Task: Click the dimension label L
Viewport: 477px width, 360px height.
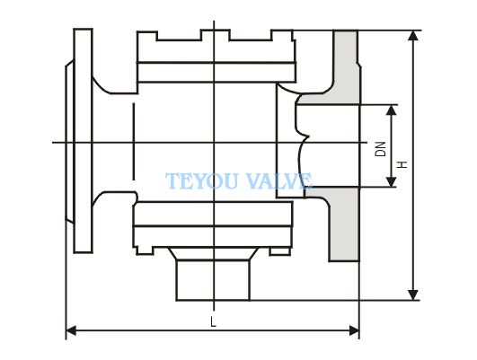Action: pos(213,321)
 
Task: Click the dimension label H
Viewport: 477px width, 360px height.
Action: pos(402,165)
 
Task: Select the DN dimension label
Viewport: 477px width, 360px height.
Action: pos(380,149)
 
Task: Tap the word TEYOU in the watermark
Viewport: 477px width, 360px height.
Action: pos(201,181)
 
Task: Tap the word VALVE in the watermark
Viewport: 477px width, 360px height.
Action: pos(278,181)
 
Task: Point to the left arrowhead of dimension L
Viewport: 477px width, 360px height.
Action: pos(71,330)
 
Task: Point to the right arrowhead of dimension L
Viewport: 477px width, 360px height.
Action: pos(354,330)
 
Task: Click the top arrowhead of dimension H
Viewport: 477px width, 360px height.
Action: pos(413,36)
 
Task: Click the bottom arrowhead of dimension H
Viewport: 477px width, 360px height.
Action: pos(413,295)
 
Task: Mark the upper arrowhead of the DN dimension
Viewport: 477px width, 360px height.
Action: pos(392,110)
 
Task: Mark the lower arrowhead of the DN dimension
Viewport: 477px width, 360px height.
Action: pos(392,181)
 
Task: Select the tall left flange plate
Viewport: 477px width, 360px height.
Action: pos(83,141)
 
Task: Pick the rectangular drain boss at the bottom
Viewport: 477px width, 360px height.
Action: pos(213,280)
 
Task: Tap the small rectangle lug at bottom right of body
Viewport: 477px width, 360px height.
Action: pos(280,251)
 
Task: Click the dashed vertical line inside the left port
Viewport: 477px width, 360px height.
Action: pos(133,141)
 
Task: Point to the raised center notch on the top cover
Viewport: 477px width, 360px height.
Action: pos(215,35)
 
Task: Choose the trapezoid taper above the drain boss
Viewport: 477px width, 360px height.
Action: pos(214,253)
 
